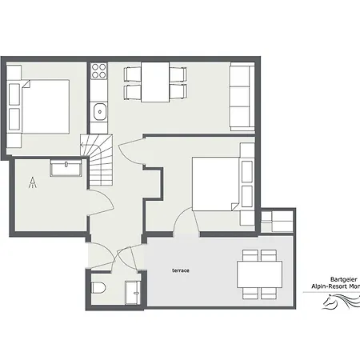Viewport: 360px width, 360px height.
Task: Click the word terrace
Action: [x=180, y=270]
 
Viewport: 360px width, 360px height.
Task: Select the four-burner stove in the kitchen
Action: [x=99, y=72]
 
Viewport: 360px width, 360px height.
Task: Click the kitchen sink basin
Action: [x=99, y=111]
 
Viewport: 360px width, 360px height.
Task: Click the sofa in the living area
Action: [x=242, y=96]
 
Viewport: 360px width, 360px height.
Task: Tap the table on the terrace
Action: [x=258, y=274]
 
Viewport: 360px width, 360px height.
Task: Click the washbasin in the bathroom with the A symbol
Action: [x=65, y=168]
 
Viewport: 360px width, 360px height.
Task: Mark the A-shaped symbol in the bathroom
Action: [x=33, y=183]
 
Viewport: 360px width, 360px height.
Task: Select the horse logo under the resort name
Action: [x=340, y=303]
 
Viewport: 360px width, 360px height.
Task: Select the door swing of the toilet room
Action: [x=123, y=257]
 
